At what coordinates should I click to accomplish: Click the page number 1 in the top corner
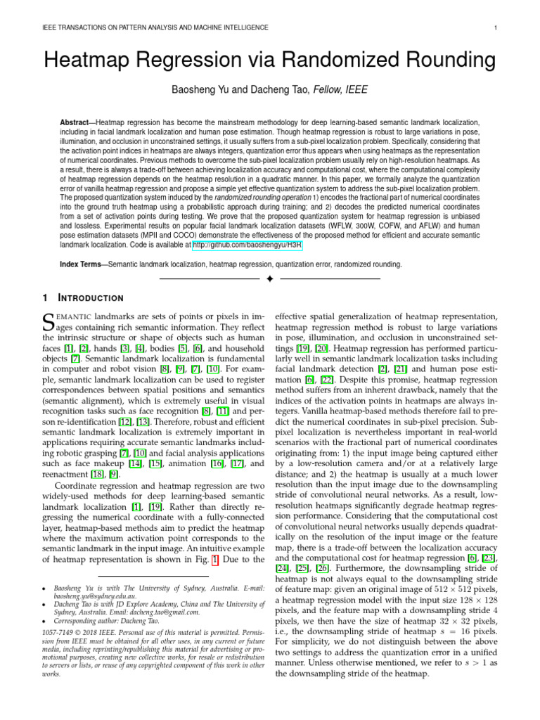click(496, 27)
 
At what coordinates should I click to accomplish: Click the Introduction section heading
click(91, 297)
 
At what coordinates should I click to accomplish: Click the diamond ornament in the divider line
click(270, 280)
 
